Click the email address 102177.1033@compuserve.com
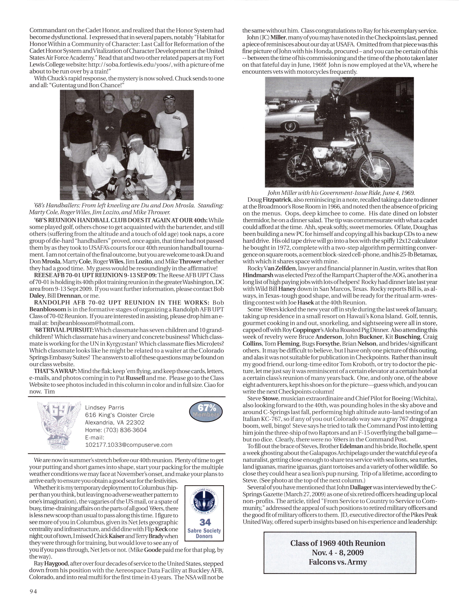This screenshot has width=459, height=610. [x=129, y=445]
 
